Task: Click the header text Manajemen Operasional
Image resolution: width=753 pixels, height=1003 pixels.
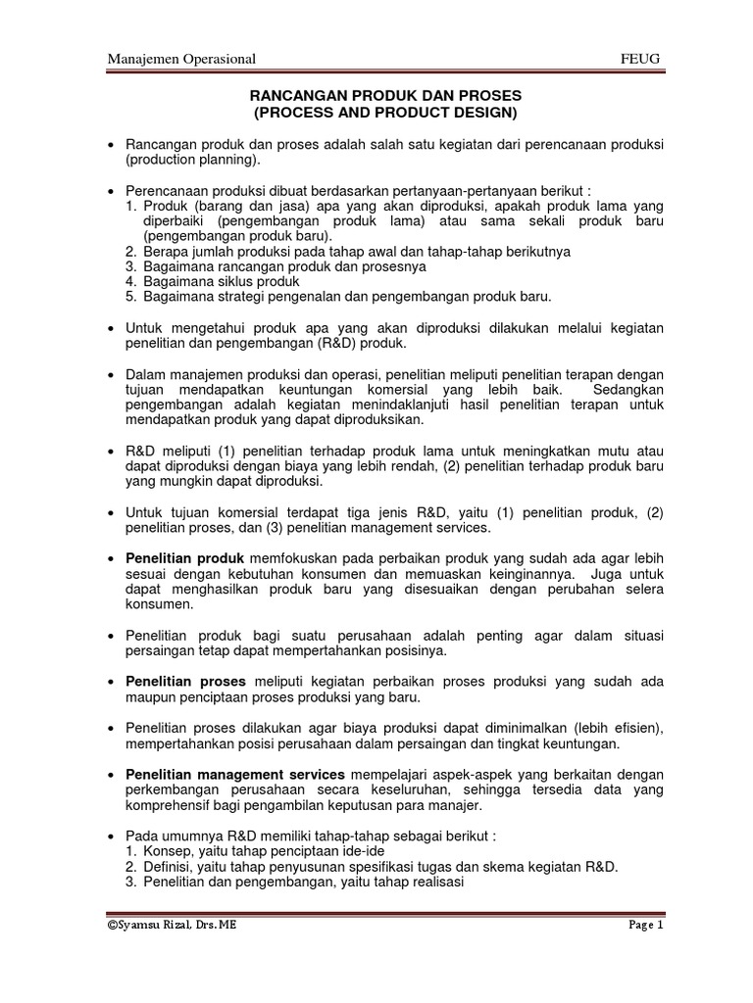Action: pyautogui.click(x=181, y=59)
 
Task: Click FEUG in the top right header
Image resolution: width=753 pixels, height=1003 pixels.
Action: pyautogui.click(x=641, y=59)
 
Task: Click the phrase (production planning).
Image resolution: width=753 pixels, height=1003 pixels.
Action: pyautogui.click(x=193, y=161)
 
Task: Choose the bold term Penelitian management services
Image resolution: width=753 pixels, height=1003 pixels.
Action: pyautogui.click(x=235, y=774)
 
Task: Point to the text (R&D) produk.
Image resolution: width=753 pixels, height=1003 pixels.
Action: pyautogui.click(x=347, y=344)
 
